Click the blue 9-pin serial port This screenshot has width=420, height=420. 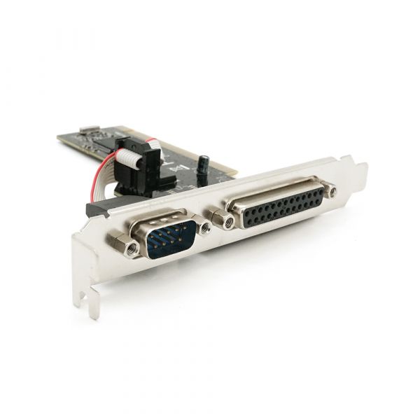click(162, 238)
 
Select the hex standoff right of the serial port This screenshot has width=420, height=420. click(204, 228)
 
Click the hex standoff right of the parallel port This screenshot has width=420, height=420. click(331, 190)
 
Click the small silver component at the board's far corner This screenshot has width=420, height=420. click(87, 130)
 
